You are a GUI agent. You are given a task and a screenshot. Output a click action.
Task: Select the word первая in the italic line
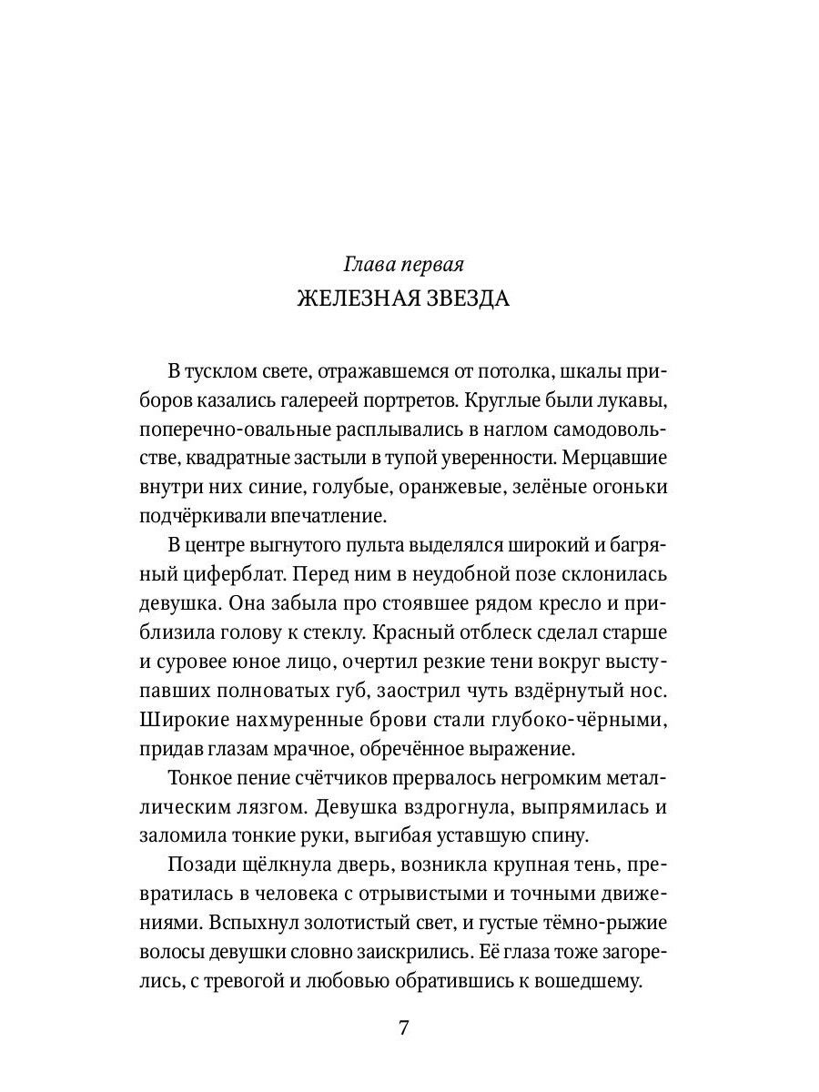pyautogui.click(x=433, y=265)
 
